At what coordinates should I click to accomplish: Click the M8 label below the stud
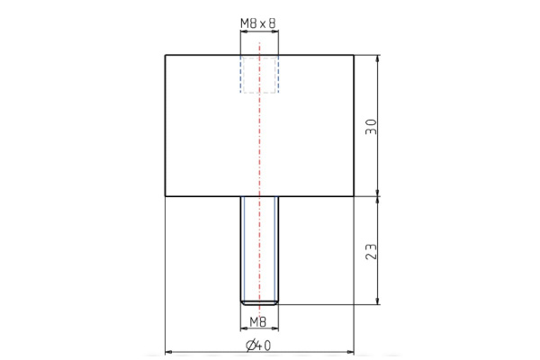259,320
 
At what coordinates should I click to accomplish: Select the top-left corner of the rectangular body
165,56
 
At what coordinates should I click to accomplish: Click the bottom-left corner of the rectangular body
165,195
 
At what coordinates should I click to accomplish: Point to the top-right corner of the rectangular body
354,56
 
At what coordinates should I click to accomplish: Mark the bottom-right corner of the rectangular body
354,195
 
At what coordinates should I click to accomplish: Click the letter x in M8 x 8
260,24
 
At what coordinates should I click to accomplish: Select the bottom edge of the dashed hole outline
259,93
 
